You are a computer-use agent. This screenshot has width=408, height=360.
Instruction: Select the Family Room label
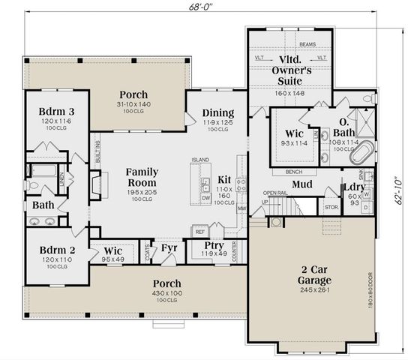[141, 177]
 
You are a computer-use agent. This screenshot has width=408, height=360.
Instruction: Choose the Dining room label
[217, 114]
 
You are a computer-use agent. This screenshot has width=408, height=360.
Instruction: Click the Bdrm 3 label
[55, 113]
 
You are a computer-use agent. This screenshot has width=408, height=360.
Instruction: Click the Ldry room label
[353, 187]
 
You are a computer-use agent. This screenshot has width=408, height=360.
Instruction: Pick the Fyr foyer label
[169, 247]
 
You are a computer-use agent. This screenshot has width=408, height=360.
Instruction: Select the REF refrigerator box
[199, 232]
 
